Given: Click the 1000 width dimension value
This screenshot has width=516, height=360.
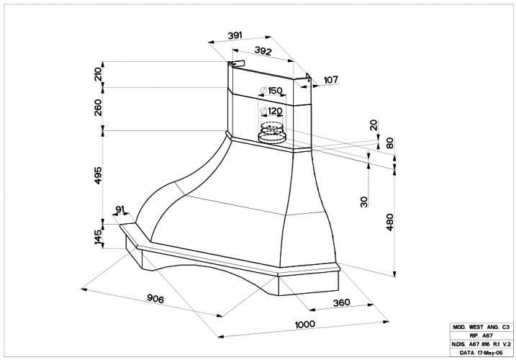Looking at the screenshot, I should click(x=304, y=325).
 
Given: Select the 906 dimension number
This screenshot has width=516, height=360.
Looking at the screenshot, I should click(x=155, y=298).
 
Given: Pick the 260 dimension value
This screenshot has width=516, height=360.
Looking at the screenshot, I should click(x=98, y=108).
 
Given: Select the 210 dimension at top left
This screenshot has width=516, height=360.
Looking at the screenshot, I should click(x=98, y=74).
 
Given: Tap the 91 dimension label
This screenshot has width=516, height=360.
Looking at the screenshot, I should click(x=120, y=210).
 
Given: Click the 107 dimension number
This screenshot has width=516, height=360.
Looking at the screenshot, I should click(x=331, y=80).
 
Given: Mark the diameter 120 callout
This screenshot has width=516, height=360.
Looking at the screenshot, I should click(x=271, y=111).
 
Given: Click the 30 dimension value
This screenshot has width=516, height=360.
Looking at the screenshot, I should click(x=365, y=202).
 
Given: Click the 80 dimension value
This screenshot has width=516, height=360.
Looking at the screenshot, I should click(x=389, y=143).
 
